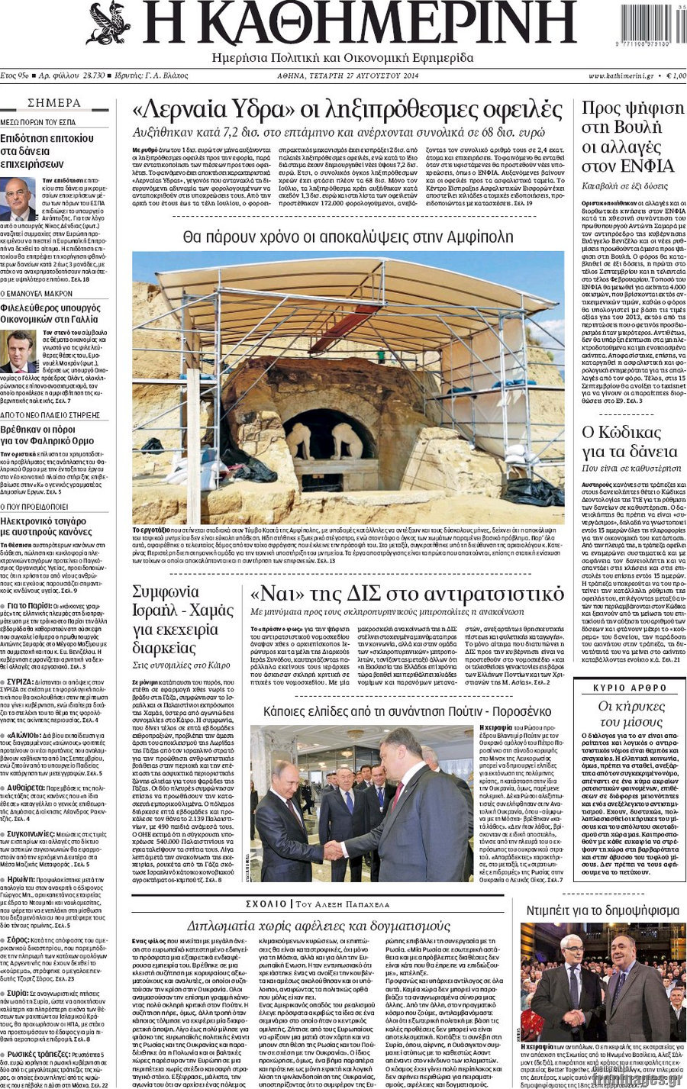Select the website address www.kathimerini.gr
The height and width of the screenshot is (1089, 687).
(621, 76)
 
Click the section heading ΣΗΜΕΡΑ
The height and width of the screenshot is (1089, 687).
(54, 103)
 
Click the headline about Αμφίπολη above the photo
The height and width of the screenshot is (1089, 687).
(348, 237)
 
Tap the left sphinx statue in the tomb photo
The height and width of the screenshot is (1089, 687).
(299, 440)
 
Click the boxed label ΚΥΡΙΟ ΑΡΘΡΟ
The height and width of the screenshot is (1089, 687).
(630, 688)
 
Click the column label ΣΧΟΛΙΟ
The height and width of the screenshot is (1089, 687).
(266, 904)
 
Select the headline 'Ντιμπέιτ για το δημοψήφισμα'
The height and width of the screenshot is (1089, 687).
(602, 910)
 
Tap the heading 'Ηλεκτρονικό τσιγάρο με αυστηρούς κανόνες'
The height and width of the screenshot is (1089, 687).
(47, 526)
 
